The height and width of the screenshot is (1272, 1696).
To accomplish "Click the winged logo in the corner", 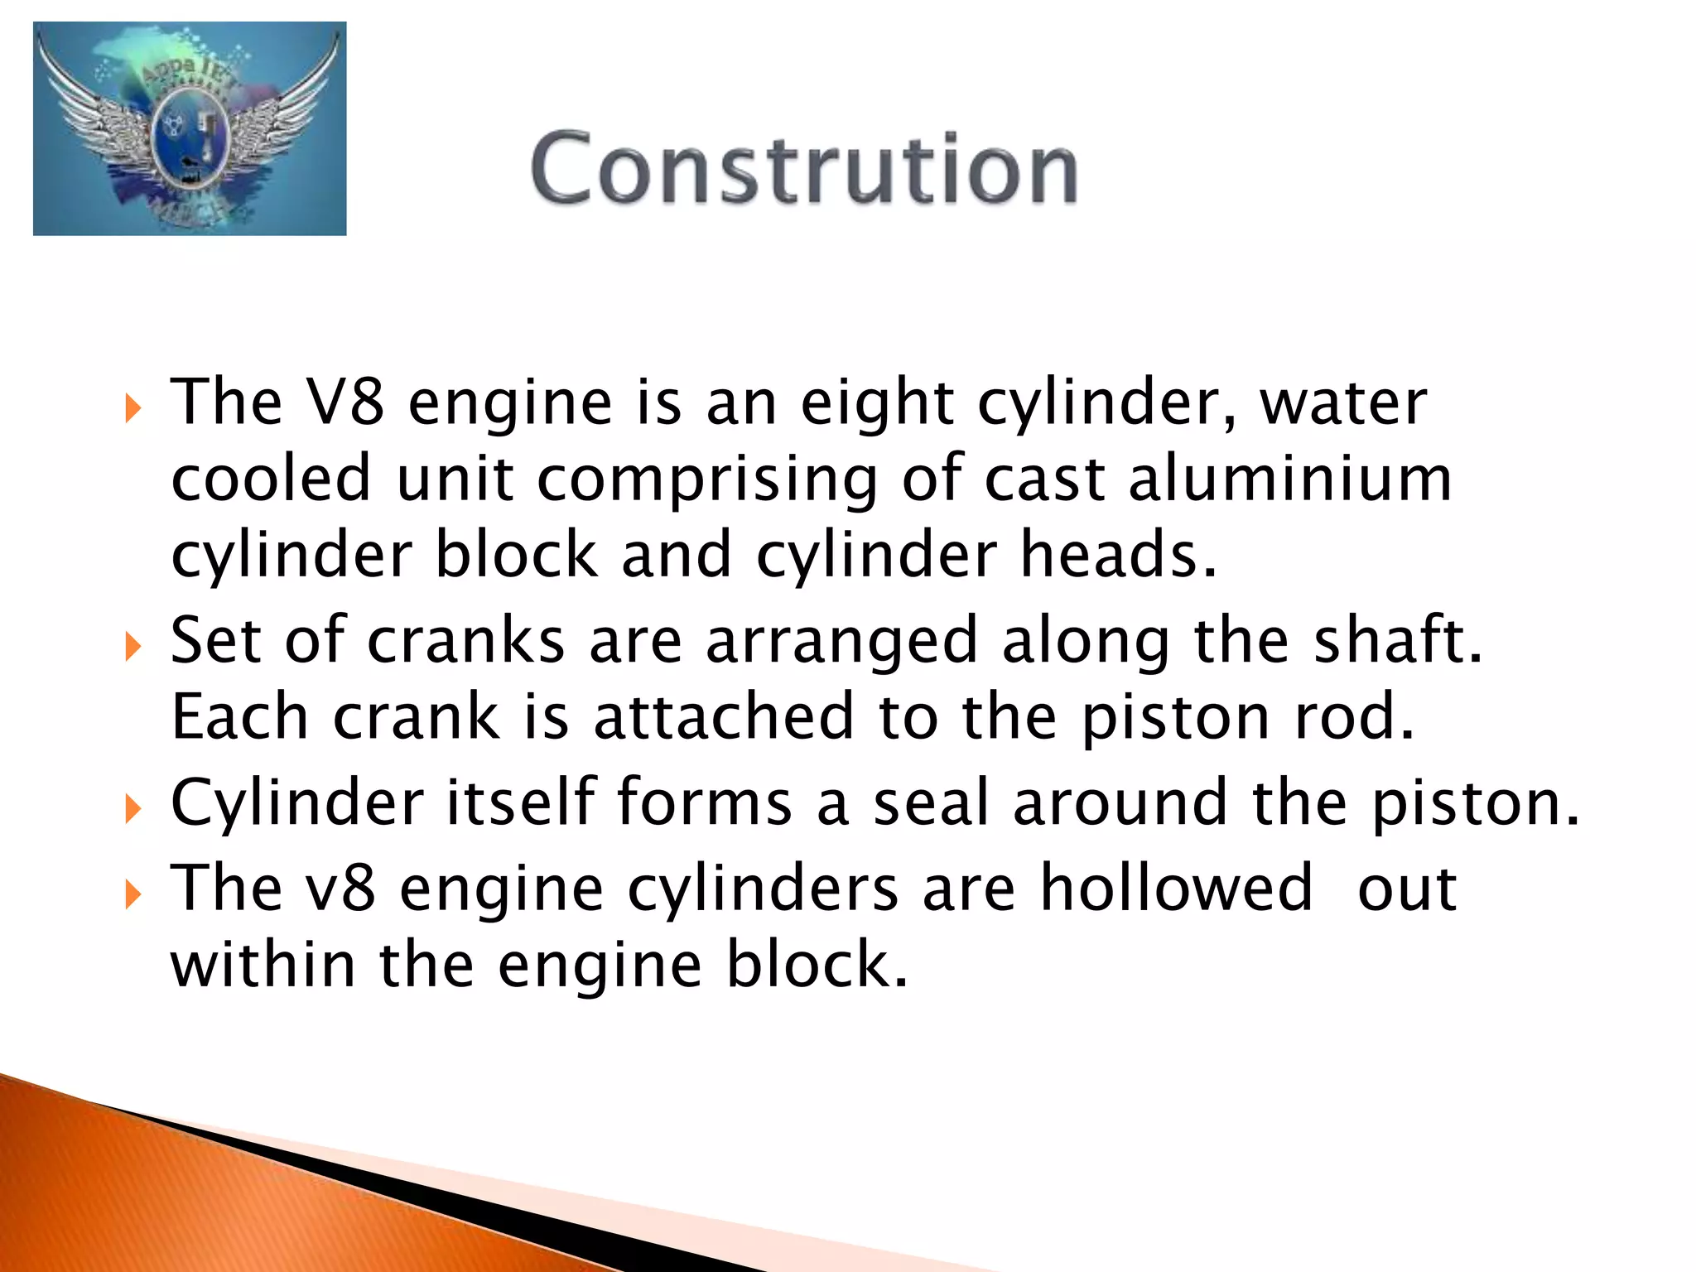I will coord(190,128).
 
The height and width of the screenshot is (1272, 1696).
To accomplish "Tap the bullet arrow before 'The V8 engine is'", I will coord(132,408).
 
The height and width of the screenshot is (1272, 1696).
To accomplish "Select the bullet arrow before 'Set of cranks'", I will coord(132,646).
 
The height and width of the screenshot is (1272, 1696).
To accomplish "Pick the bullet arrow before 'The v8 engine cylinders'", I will coord(132,894).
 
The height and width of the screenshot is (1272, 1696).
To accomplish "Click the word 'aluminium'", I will coord(1289,479).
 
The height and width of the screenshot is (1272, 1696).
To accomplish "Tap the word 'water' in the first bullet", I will coord(1343,403).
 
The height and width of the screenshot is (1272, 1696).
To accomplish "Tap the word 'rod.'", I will coord(1354,717).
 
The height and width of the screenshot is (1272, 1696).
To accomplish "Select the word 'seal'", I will coord(932,802).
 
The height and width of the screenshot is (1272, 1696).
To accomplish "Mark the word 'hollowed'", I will coord(1176,888).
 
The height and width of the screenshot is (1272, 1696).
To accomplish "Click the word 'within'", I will coord(263,964).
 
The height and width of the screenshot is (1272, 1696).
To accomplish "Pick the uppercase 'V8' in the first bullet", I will coord(344,402).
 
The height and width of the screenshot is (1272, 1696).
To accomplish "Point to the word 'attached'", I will coord(724,717).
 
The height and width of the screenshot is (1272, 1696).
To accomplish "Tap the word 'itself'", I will coord(521,802).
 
